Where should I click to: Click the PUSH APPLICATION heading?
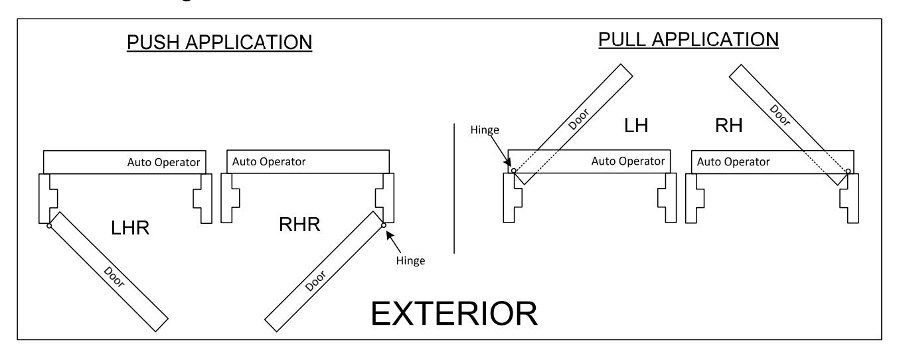tap(220, 43)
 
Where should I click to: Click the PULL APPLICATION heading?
tap(689, 40)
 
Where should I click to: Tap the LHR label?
tap(129, 228)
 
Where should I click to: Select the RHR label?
tap(299, 225)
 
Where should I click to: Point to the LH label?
tap(636, 126)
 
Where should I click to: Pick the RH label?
tap(729, 126)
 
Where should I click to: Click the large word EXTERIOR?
tap(454, 314)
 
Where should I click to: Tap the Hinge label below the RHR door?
tap(410, 260)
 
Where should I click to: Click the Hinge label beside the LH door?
tap(485, 130)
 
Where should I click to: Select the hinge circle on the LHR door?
tap(49, 226)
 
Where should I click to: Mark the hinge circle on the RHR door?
tap(384, 225)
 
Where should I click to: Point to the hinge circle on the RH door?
tap(848, 171)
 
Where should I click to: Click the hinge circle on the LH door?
tap(514, 171)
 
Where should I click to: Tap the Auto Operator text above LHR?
tap(163, 162)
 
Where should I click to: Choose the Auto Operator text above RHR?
tap(269, 162)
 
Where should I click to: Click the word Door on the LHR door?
tap(114, 277)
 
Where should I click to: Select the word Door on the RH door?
tap(780, 115)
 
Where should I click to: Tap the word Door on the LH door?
tap(579, 119)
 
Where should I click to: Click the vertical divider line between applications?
tap(454, 188)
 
